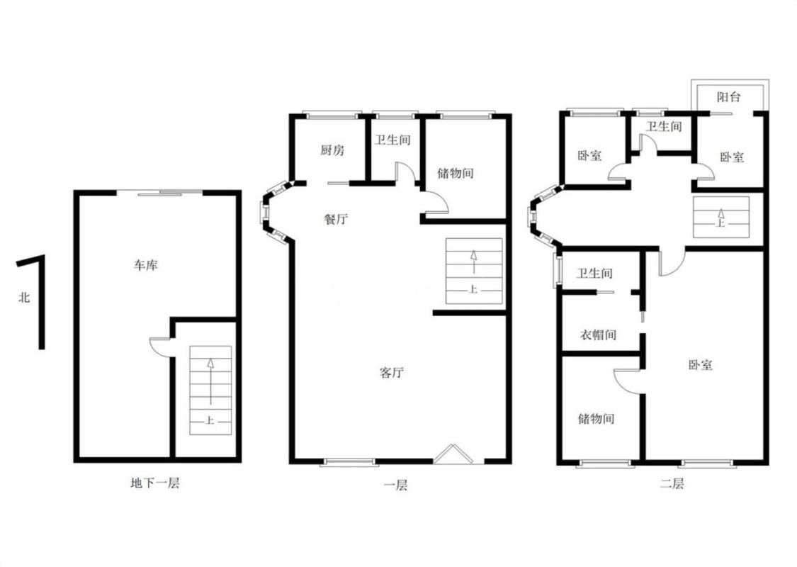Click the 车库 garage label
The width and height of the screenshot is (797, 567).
145,265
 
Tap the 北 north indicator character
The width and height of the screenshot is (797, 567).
24,297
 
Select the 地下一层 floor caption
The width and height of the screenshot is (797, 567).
155,483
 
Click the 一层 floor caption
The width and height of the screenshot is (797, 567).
395,485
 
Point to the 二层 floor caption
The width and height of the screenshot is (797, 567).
672,483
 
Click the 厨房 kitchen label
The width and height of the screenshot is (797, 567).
332,150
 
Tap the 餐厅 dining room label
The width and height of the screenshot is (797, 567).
336,219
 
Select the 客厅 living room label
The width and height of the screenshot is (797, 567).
392,372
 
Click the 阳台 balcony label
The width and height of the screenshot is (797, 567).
729,96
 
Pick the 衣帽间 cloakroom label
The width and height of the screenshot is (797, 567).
598,335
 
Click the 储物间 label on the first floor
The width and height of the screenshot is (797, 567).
456,173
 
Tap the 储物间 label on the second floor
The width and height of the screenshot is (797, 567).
597,418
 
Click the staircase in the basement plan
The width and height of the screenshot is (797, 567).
210,391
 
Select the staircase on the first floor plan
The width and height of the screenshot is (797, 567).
474,271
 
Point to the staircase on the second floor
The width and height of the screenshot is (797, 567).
721,217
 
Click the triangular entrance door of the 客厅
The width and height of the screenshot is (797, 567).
453,454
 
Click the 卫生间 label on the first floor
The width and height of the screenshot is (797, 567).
392,140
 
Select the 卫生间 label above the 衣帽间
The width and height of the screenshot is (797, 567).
594,274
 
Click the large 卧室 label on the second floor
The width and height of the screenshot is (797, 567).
701,364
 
